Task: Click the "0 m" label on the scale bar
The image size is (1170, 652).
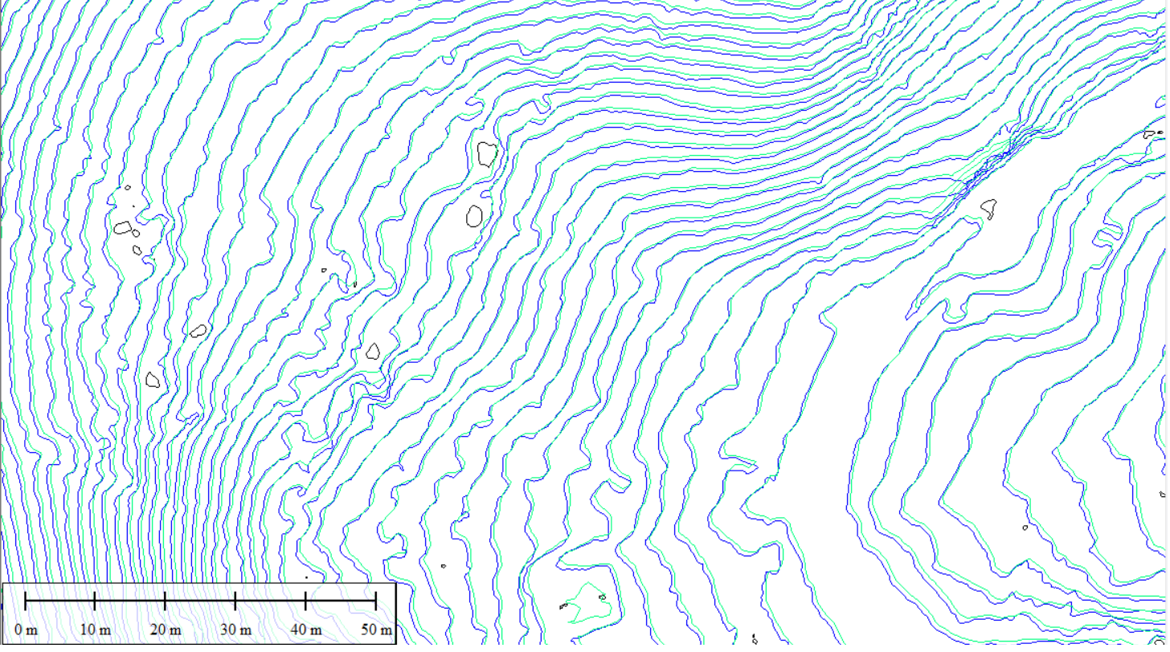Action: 26,630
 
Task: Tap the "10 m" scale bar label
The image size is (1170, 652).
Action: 95,630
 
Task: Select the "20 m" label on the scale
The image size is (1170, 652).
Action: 165,630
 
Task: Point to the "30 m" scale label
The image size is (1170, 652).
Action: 235,630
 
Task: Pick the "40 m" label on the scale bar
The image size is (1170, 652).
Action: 305,630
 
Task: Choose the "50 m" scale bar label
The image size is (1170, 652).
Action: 375,630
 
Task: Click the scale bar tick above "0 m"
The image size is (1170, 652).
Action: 26,601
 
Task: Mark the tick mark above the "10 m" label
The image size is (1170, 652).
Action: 95,601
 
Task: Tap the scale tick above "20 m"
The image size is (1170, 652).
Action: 165,601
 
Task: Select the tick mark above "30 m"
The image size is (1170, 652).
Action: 235,601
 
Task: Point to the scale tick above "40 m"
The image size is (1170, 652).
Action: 305,601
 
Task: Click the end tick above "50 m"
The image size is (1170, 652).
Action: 375,601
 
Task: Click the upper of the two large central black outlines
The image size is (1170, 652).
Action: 487,153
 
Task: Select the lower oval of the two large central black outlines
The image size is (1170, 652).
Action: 475,215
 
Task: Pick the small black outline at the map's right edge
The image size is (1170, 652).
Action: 1151,134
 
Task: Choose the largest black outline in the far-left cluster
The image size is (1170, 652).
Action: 122,227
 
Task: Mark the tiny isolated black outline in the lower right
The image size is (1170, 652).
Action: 1025,528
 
